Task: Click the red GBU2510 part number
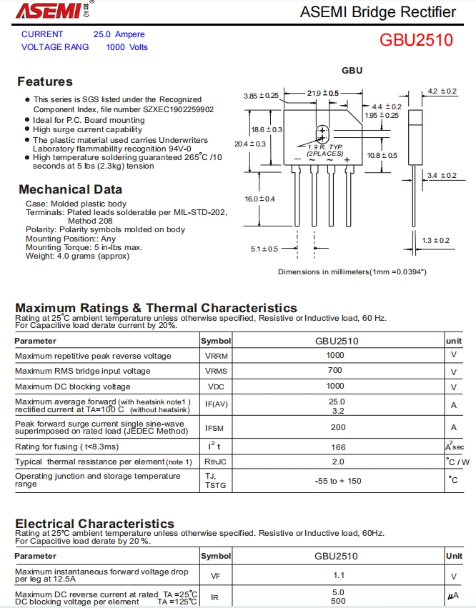click(416, 40)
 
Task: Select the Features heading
click(45, 81)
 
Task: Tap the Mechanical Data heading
click(70, 189)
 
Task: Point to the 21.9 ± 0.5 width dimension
click(323, 93)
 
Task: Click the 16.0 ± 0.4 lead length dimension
click(259, 199)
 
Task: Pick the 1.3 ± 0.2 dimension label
click(435, 240)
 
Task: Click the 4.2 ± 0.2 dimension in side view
click(442, 91)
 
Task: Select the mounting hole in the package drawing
click(322, 132)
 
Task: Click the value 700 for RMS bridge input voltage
click(335, 371)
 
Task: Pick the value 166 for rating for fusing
click(338, 447)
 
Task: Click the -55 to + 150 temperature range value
click(338, 481)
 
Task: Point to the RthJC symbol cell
click(216, 462)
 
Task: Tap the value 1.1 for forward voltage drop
click(338, 575)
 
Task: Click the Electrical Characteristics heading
click(94, 524)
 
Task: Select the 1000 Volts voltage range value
click(127, 47)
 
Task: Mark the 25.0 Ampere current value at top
click(119, 34)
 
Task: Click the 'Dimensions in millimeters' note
click(352, 271)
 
